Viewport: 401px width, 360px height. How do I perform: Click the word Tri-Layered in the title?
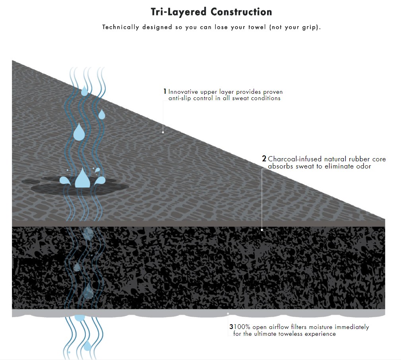[x=178, y=12]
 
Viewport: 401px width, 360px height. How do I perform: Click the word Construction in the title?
[x=241, y=12]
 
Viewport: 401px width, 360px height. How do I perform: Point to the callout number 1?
[x=165, y=91]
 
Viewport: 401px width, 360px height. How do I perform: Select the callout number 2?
[x=264, y=159]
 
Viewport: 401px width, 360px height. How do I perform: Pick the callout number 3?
[x=231, y=327]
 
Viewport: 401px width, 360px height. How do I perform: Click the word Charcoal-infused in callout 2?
[x=294, y=159]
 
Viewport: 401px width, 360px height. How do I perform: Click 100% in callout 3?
[x=242, y=327]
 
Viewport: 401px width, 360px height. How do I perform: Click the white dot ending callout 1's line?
[x=163, y=132]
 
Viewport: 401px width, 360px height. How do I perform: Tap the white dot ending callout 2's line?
[x=262, y=230]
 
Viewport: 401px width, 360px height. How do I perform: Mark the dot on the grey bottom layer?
[x=228, y=314]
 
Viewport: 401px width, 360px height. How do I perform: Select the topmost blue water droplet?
[x=84, y=91]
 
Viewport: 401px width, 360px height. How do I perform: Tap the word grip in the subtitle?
[x=309, y=27]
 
